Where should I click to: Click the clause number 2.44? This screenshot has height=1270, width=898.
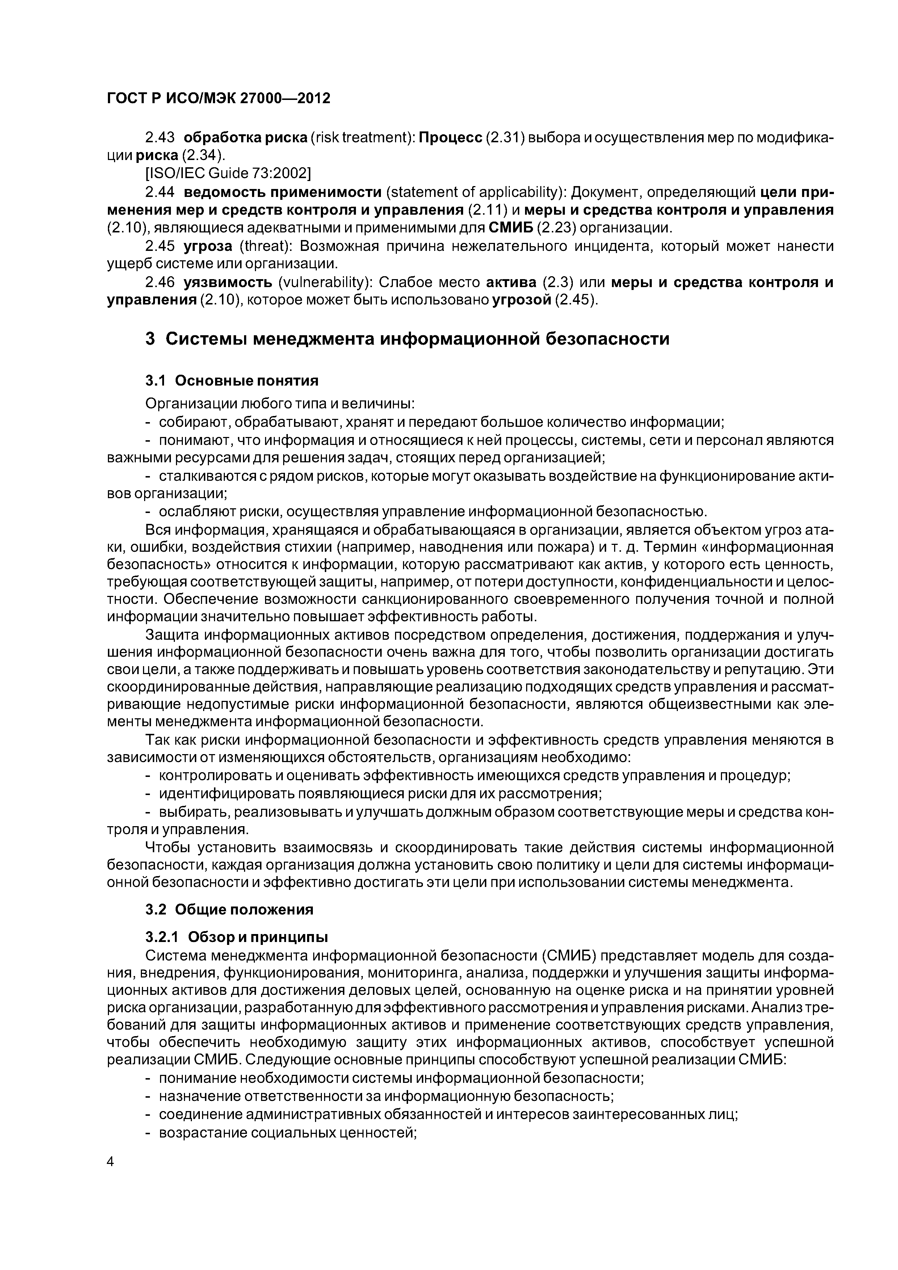pos(159,192)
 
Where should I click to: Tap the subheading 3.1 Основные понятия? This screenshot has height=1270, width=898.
pos(232,380)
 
